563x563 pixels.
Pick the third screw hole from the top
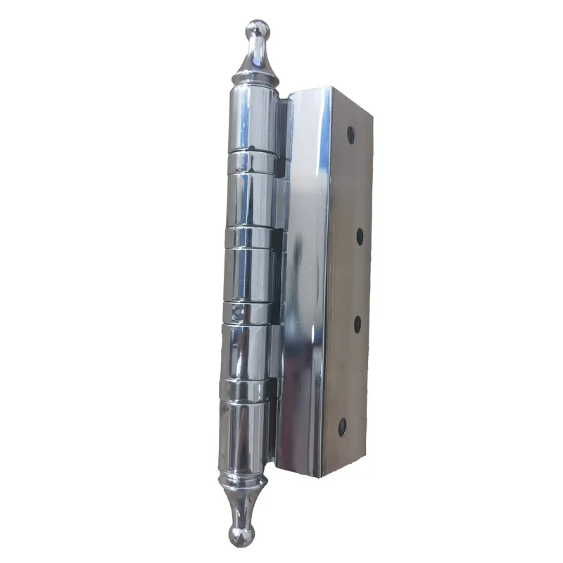point(357,324)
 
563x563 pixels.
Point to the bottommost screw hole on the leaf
point(343,425)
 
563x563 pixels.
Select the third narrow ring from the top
point(248,312)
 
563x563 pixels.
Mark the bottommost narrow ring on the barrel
point(246,389)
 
